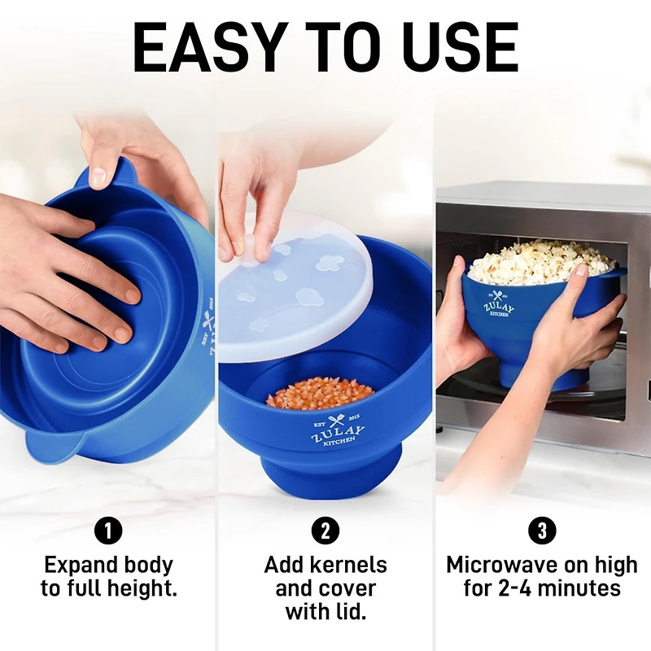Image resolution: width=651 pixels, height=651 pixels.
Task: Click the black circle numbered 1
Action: [108, 531]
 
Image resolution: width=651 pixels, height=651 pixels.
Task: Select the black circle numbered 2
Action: [325, 531]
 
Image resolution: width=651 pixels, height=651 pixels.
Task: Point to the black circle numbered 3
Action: [542, 531]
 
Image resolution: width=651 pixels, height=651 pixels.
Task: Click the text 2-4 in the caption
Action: [518, 588]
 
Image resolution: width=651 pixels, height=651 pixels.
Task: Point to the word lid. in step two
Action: [356, 611]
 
